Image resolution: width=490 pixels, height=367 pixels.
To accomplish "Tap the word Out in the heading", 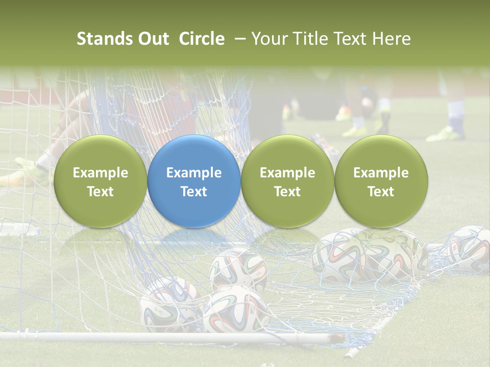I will tap(153, 39).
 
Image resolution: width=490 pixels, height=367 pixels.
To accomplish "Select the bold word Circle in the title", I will tap(202, 39).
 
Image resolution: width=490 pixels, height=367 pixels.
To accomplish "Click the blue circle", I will tap(194, 181).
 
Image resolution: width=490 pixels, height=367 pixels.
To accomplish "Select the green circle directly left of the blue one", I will tap(100, 181).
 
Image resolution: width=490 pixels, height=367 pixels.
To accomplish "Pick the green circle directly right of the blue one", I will tap(287, 181).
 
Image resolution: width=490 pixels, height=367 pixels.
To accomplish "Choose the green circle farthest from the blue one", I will tap(381, 181).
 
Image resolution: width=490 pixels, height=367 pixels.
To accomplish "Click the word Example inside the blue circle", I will tap(194, 173).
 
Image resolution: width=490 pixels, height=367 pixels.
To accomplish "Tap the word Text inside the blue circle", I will tap(194, 192).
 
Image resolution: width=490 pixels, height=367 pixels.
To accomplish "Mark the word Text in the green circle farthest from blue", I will tap(381, 192).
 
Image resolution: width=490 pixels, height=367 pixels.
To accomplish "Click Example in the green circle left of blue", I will tap(100, 173).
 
